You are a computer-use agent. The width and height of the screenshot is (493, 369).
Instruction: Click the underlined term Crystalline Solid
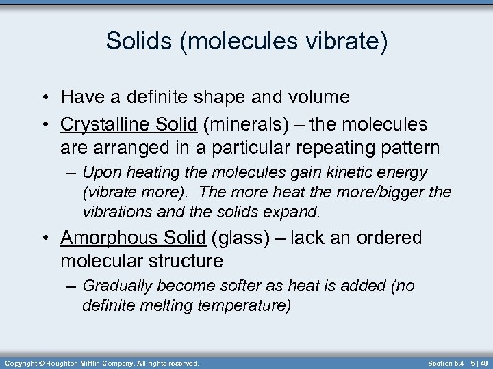(x=129, y=124)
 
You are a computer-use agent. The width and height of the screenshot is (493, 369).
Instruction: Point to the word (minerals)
(x=250, y=124)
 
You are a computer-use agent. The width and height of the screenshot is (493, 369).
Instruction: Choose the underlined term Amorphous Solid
(x=133, y=238)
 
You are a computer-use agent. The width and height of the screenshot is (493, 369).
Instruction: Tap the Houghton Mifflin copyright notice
(x=101, y=364)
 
